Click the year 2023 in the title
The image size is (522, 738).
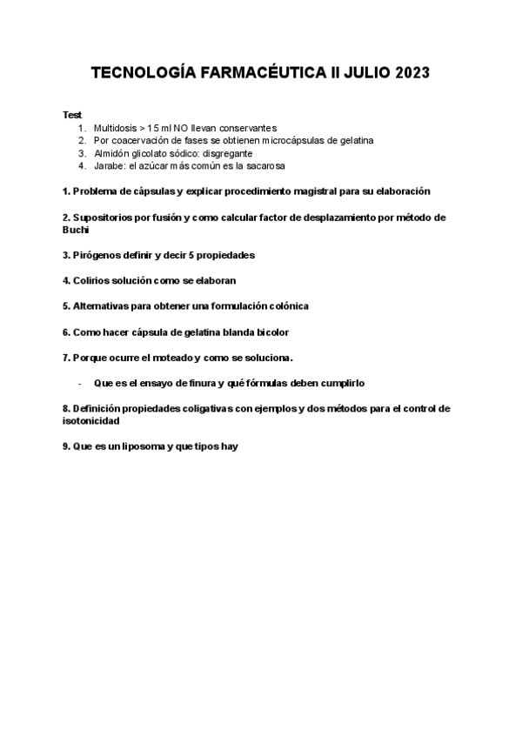pos(409,75)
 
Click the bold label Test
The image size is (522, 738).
pos(72,115)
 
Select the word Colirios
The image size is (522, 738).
pos(93,280)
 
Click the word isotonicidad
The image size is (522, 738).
pos(91,419)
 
